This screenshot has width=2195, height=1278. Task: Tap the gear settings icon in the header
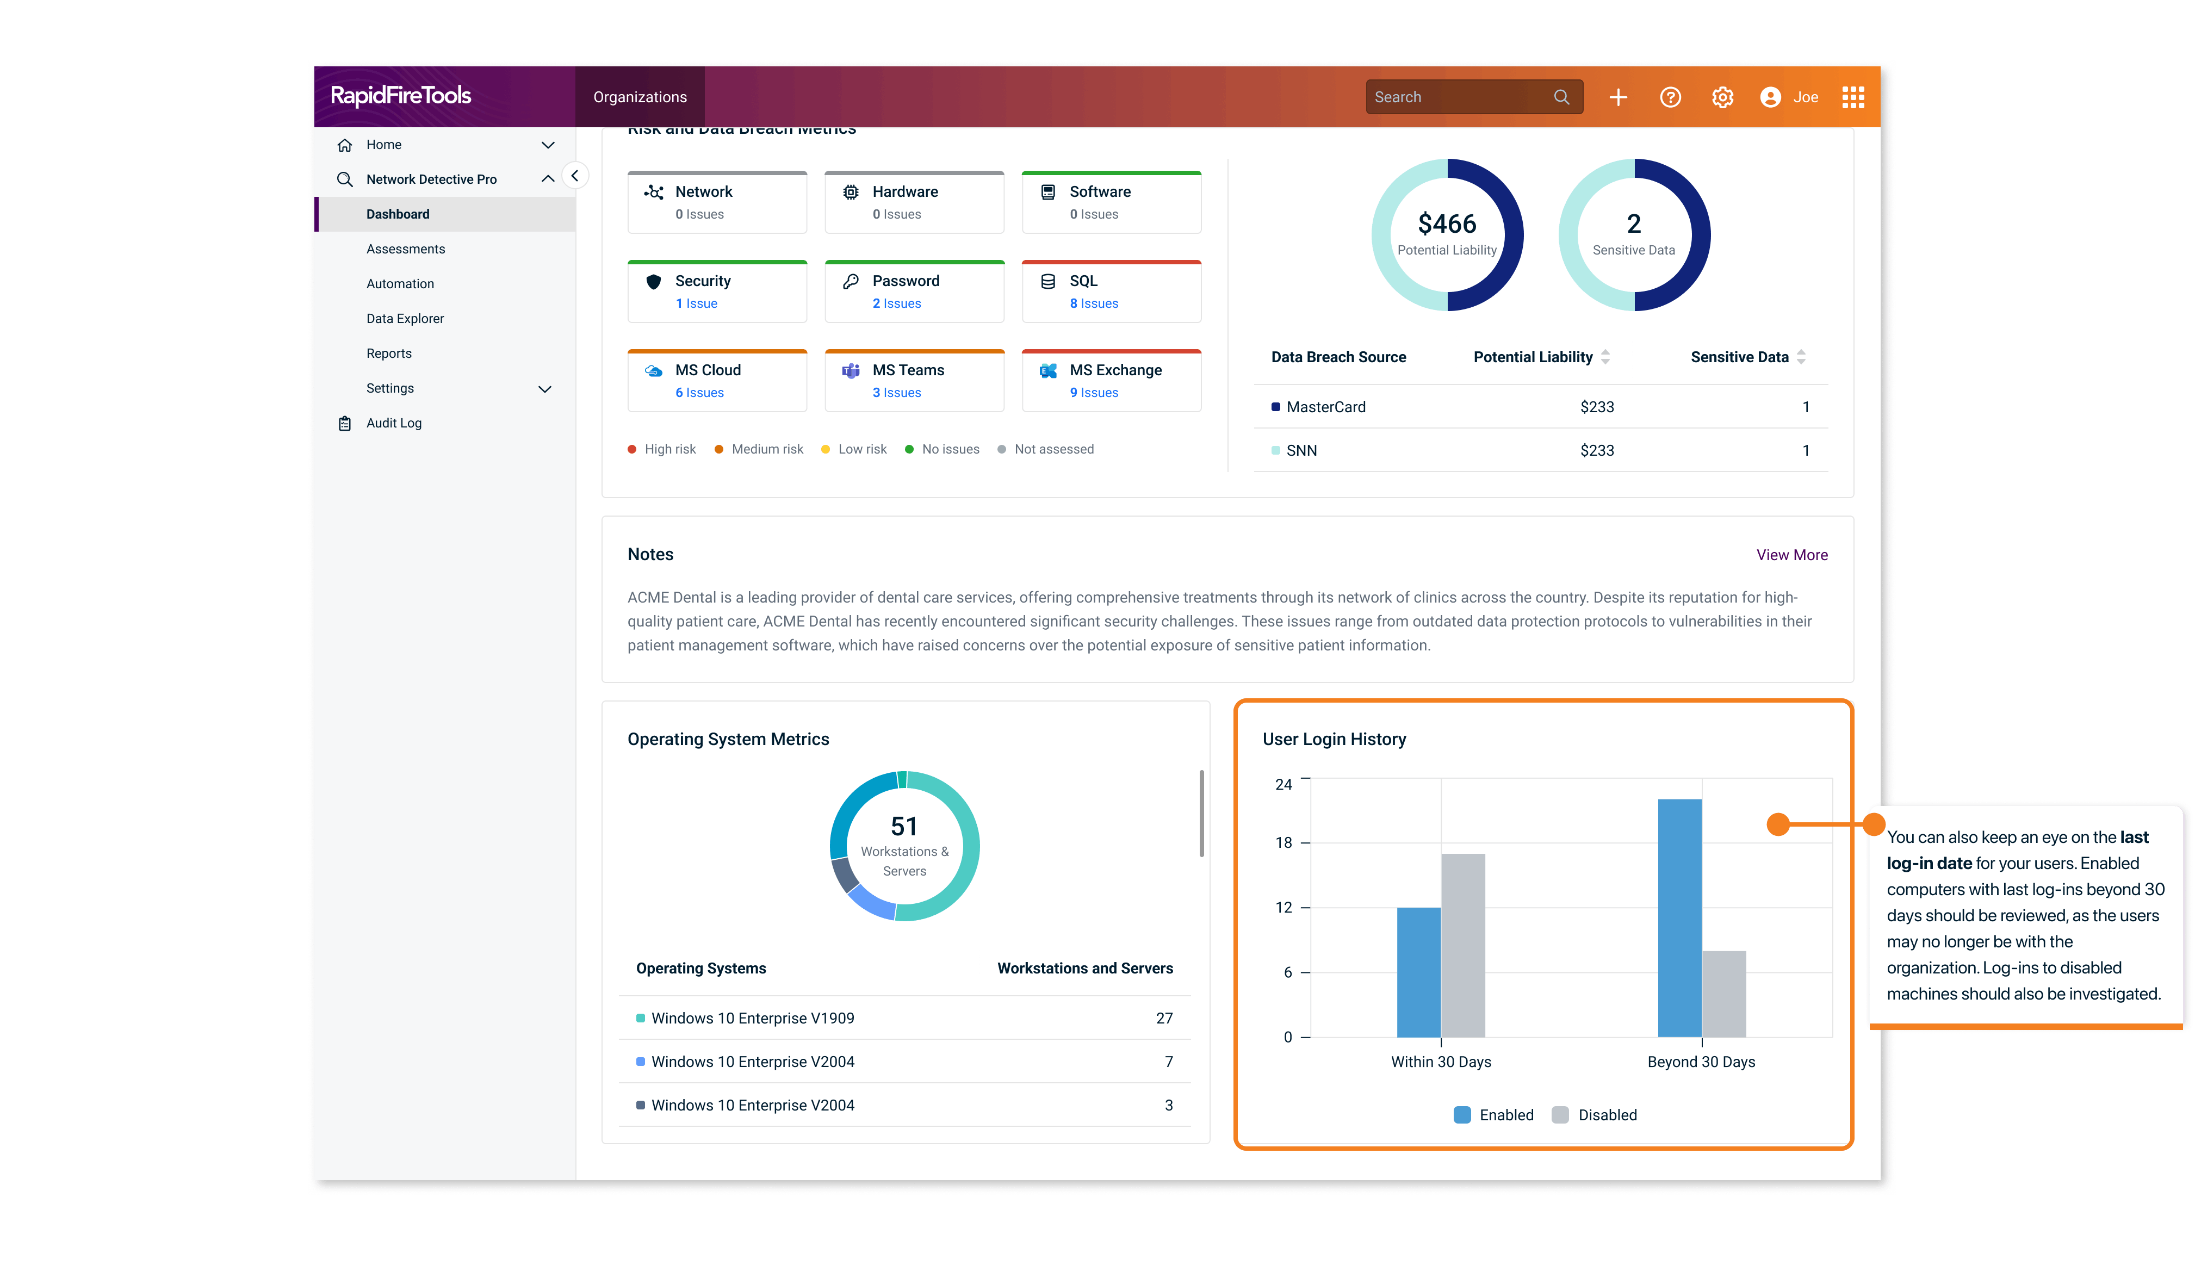pyautogui.click(x=1722, y=97)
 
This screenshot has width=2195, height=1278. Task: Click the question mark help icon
pyautogui.click(x=1670, y=97)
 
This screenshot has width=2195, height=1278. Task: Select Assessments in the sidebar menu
pyautogui.click(x=405, y=249)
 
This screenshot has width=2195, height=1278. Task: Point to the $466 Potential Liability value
pyautogui.click(x=1447, y=224)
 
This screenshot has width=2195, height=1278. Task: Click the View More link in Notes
pyautogui.click(x=1791, y=555)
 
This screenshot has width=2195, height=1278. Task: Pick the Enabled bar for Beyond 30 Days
pyautogui.click(x=1679, y=919)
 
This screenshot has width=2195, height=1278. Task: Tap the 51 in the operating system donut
pyautogui.click(x=904, y=826)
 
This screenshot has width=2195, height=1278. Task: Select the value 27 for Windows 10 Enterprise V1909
pyautogui.click(x=1164, y=1019)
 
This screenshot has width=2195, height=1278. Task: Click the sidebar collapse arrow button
pyautogui.click(x=575, y=176)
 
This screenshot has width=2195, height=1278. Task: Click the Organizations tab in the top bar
pyautogui.click(x=640, y=97)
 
